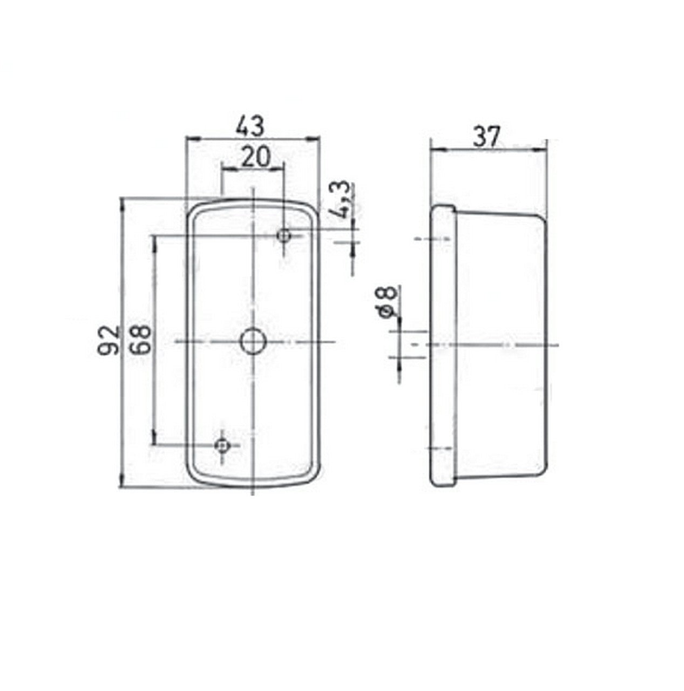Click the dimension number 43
point(250,125)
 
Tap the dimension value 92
point(109,340)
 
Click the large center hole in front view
point(253,341)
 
